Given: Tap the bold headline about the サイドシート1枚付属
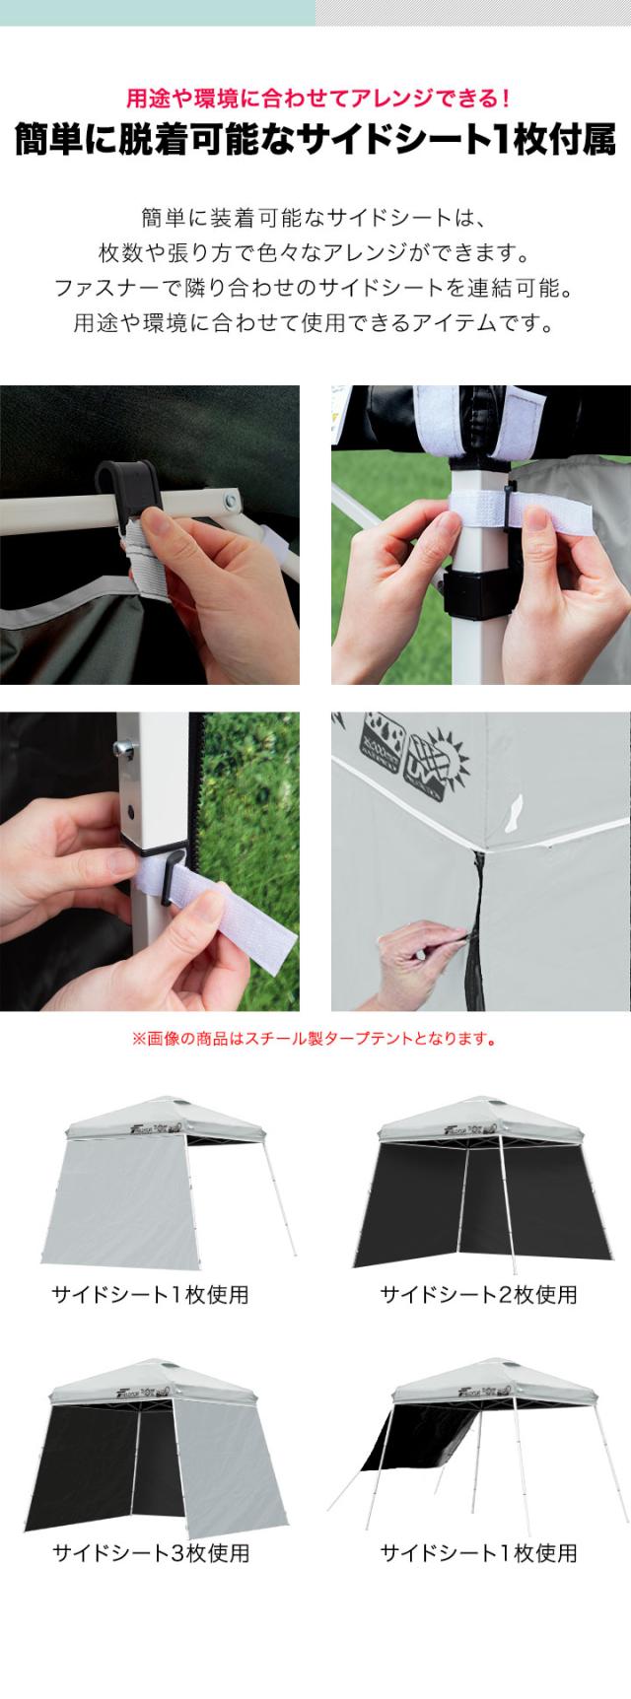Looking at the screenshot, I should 315,140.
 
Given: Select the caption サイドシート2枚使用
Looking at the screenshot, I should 479,1294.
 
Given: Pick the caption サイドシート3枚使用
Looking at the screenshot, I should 150,1553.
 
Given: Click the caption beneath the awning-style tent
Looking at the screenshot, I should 479,1553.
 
